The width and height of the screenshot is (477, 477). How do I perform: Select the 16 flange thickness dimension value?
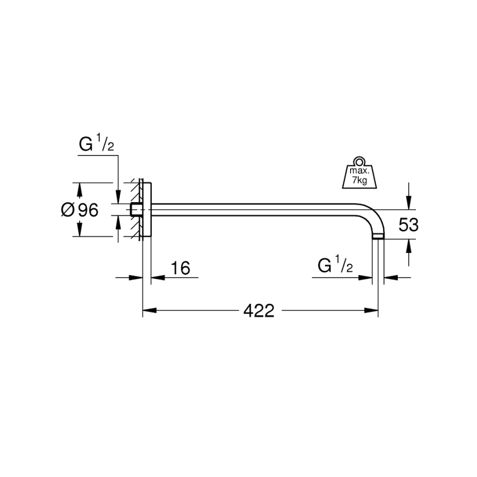180,268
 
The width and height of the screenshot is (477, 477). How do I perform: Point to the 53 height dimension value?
408,224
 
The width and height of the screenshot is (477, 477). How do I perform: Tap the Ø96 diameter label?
80,210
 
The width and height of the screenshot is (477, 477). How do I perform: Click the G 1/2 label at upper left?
96,146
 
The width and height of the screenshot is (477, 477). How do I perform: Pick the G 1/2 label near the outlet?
335,267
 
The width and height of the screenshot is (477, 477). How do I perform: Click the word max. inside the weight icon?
356,171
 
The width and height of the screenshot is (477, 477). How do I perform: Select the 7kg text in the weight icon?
356,180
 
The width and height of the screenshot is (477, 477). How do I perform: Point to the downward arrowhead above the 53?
408,203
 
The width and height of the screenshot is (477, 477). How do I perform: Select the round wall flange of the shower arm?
147,210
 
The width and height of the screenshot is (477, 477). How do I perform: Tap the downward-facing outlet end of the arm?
378,237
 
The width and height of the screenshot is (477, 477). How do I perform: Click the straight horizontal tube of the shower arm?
258,210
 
